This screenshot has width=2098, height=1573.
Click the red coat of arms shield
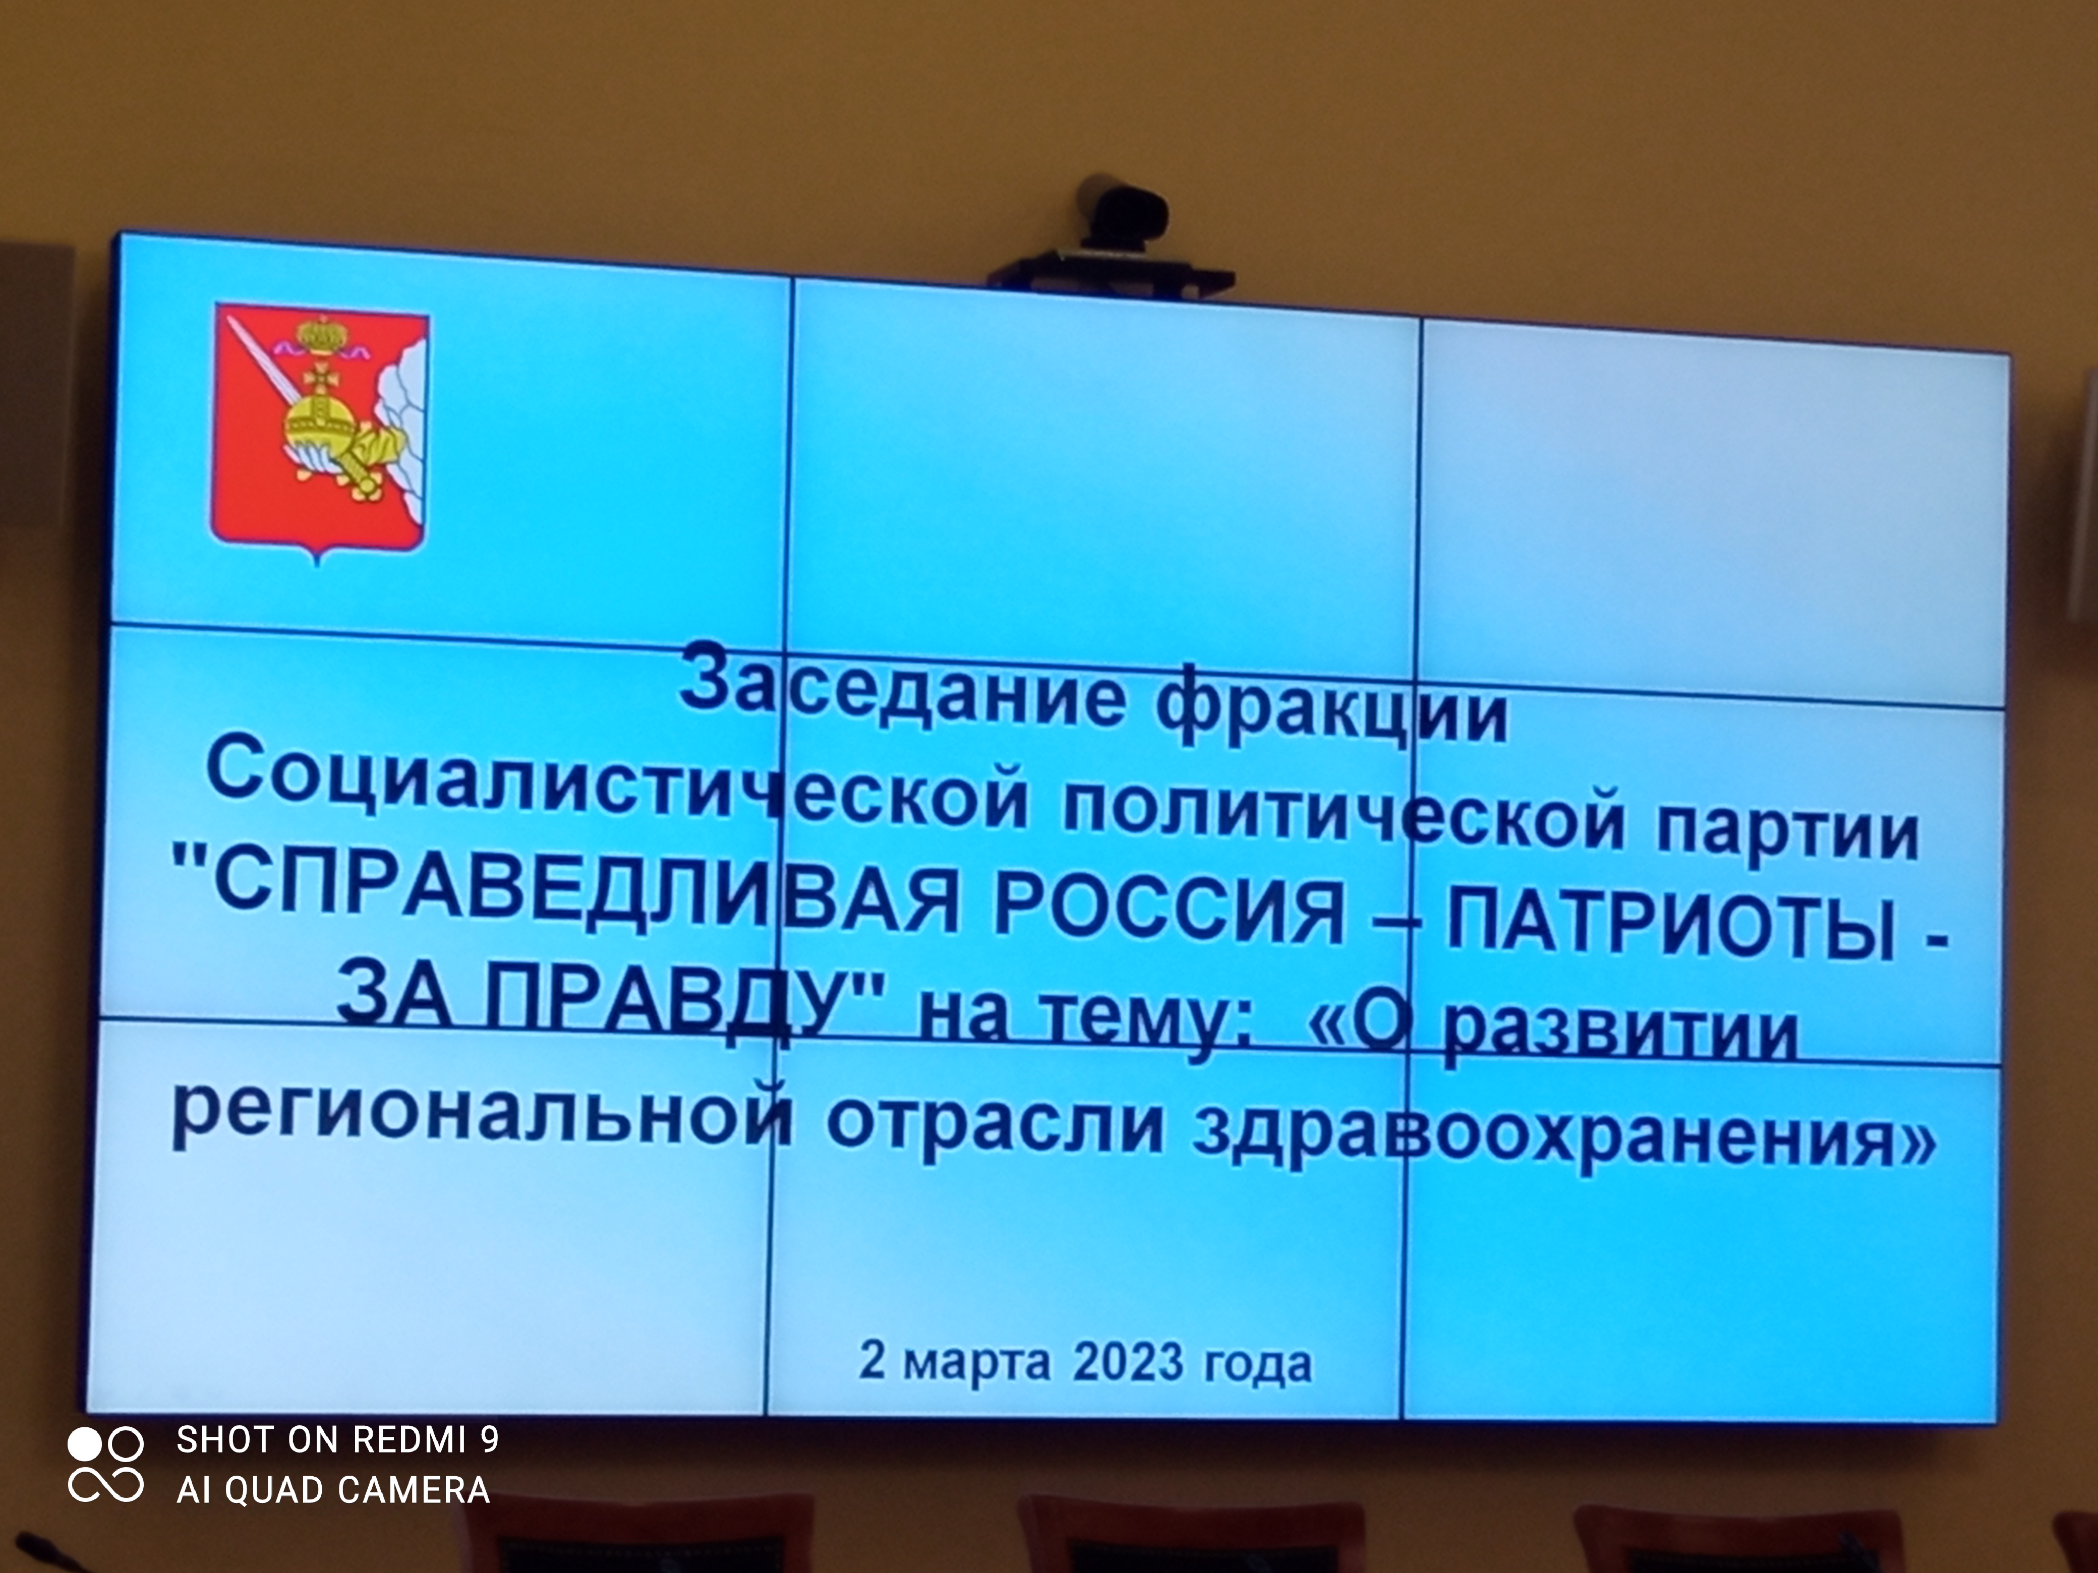click(319, 432)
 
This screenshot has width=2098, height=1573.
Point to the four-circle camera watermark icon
click(105, 1466)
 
